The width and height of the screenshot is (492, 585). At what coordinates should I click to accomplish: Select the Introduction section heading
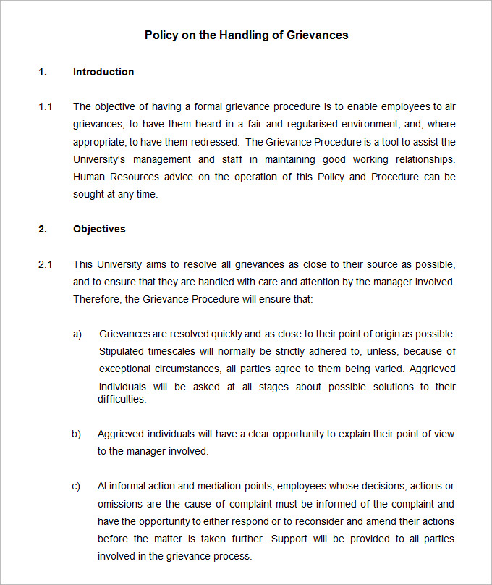[103, 72]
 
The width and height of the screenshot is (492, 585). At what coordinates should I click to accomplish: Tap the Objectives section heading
[99, 229]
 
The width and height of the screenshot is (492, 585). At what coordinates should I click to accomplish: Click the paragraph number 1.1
[45, 107]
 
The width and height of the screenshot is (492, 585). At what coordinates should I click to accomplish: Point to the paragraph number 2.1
[45, 264]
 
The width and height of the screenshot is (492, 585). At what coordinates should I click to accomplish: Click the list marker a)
[77, 334]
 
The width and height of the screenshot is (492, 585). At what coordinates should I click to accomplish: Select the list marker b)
[76, 434]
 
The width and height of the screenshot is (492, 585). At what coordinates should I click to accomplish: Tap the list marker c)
[76, 487]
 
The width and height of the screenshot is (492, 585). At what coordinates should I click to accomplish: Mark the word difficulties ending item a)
[122, 399]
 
